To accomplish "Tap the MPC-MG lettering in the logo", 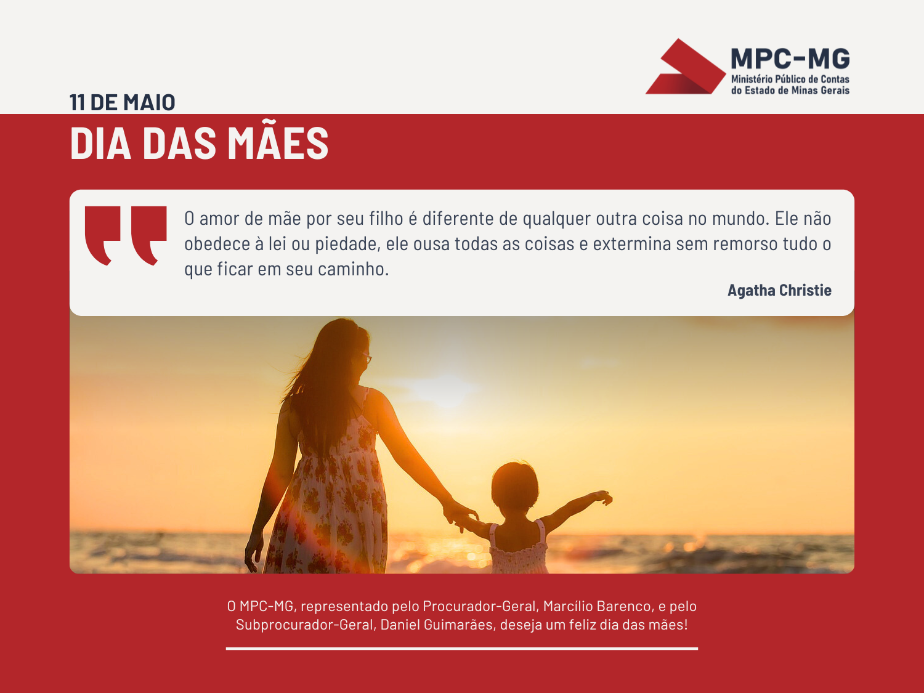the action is point(790,59).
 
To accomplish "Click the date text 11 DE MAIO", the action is point(122,102).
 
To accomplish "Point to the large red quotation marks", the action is point(126,236).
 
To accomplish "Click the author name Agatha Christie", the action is point(779,290).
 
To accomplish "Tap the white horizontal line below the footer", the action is point(462,649).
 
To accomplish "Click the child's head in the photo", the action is point(514,487).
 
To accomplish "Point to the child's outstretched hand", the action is point(603,497).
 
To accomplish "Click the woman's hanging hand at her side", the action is point(254,551).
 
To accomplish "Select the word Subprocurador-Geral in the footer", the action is point(305,625).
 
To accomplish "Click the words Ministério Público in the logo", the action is point(768,79).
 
